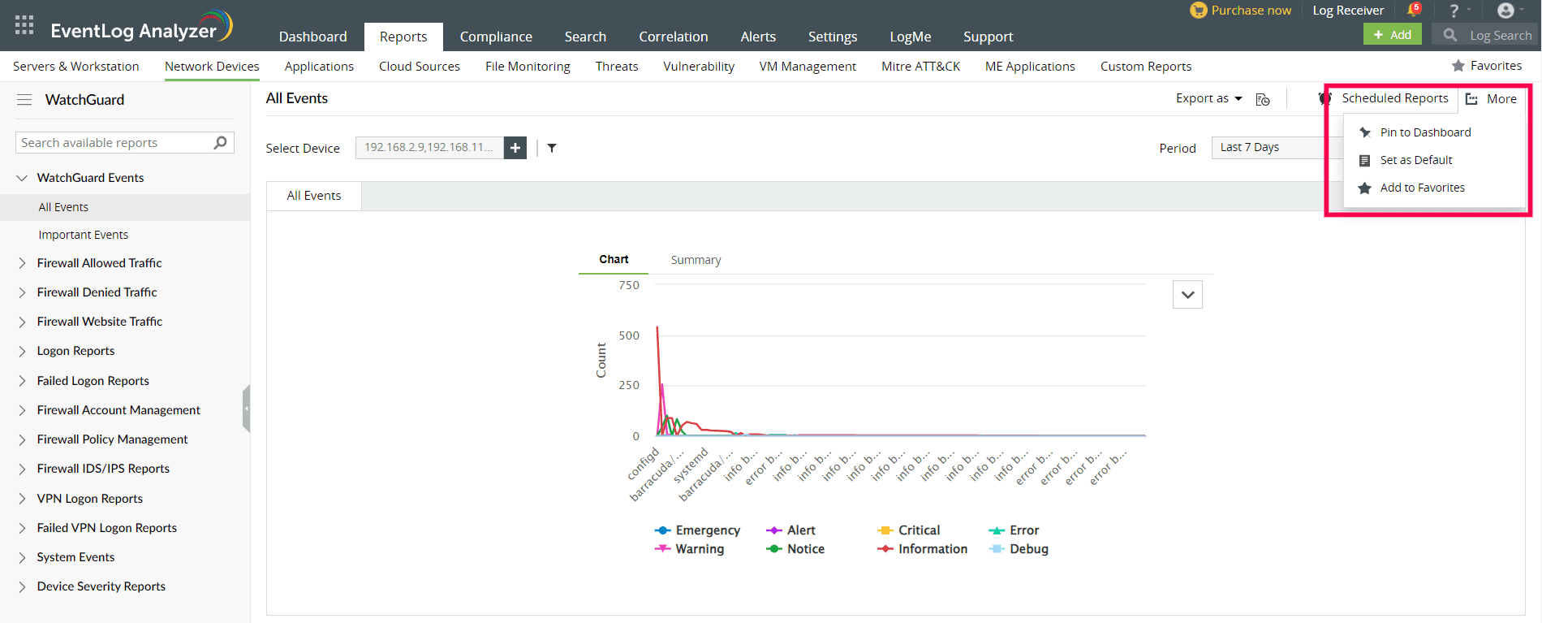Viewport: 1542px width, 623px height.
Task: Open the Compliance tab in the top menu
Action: point(496,37)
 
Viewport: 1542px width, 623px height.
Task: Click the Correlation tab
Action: point(673,37)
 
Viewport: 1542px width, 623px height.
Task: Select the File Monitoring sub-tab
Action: point(528,67)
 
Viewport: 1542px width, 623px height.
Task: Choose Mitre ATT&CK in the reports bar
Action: point(920,67)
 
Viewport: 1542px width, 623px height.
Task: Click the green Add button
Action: point(1392,35)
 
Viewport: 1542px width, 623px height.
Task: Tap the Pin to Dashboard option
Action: point(1424,132)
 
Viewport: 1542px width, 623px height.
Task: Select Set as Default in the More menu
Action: point(1415,160)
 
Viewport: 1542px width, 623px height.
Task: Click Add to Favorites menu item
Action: point(1422,188)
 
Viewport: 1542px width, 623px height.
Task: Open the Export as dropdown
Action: point(1208,98)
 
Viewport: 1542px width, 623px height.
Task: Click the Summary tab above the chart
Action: point(696,260)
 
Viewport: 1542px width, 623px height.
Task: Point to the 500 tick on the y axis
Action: point(629,335)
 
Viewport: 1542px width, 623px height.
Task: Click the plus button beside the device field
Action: point(515,148)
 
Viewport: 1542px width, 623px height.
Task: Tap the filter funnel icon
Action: point(552,148)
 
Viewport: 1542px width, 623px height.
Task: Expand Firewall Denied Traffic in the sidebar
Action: point(97,292)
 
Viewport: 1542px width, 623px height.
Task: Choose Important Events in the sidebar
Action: point(83,235)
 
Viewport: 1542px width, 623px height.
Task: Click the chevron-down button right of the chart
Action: point(1187,295)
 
